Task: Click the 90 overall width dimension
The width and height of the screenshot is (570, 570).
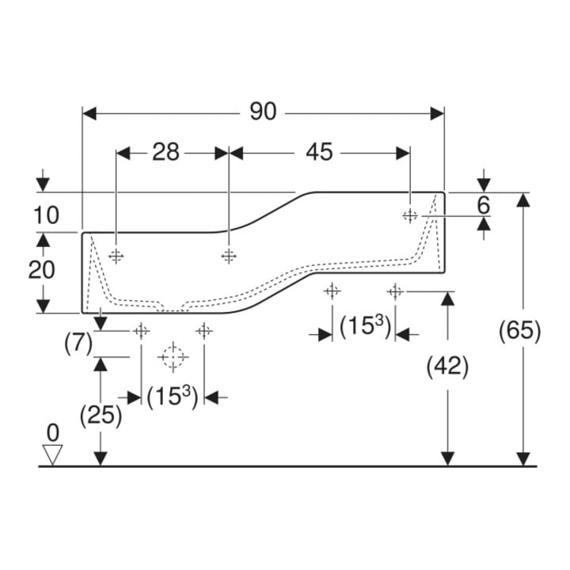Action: [x=263, y=112]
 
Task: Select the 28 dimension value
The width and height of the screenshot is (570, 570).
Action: [x=165, y=152]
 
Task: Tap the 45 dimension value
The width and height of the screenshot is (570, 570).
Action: [x=319, y=152]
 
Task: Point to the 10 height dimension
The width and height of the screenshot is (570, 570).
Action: [x=46, y=215]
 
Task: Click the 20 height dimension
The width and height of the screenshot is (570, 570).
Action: [x=41, y=270]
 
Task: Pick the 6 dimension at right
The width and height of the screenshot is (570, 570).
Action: [x=484, y=205]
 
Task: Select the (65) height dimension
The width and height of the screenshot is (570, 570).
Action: [x=520, y=331]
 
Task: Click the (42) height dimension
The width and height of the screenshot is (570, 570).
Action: [x=447, y=367]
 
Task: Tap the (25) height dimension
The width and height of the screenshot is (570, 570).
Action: [x=101, y=415]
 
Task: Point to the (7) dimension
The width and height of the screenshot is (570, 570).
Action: [x=79, y=344]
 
